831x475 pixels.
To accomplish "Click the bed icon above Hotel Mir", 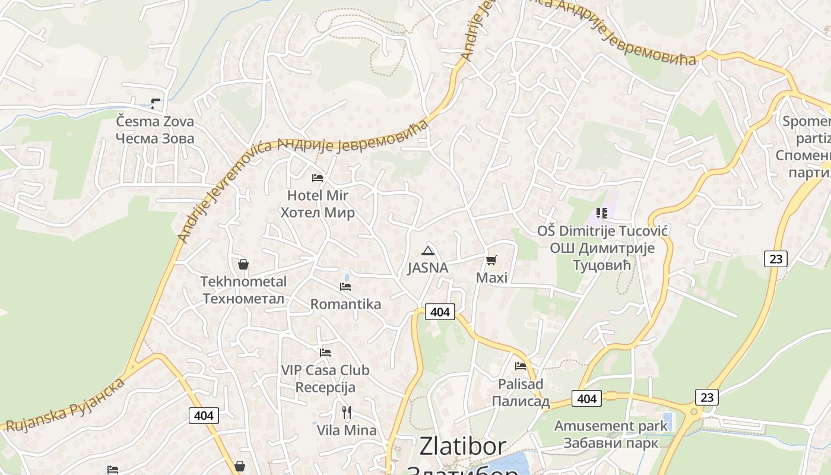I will [x=318, y=178].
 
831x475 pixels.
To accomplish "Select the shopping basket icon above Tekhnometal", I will [x=243, y=264].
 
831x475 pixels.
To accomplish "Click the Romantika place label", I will [x=345, y=304].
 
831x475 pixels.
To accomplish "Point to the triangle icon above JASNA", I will [x=427, y=250].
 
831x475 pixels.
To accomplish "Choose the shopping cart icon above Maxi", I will [x=491, y=260].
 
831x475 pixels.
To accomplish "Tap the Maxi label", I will [x=491, y=277].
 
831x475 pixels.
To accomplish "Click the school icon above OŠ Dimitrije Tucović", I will [x=602, y=213].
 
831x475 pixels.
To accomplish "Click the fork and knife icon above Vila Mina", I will [x=347, y=412].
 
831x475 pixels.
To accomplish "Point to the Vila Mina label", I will [x=347, y=430].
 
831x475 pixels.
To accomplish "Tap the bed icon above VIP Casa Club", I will [x=325, y=352].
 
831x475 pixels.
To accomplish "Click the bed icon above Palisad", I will [x=521, y=366].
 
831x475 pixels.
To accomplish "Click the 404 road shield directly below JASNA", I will [x=440, y=311].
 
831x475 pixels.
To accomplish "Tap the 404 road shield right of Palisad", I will [x=586, y=398].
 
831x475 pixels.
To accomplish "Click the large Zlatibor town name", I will [x=463, y=446].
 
